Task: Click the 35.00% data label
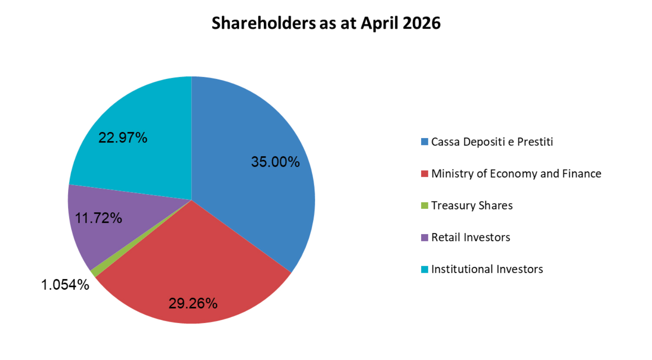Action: pos(275,162)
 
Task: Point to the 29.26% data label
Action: pos(193,303)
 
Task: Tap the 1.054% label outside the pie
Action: pos(65,285)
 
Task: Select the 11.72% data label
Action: pos(99,218)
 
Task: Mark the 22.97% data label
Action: pos(123,138)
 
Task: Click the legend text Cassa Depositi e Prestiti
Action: pos(492,142)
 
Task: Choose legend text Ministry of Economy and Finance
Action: pos(516,174)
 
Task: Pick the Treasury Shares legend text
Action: pos(472,205)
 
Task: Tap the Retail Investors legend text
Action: pos(471,238)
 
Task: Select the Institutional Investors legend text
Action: pos(487,269)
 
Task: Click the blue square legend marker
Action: pos(425,142)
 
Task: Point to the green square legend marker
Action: pos(425,205)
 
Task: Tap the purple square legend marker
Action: pos(425,238)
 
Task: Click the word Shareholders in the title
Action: pos(263,23)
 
